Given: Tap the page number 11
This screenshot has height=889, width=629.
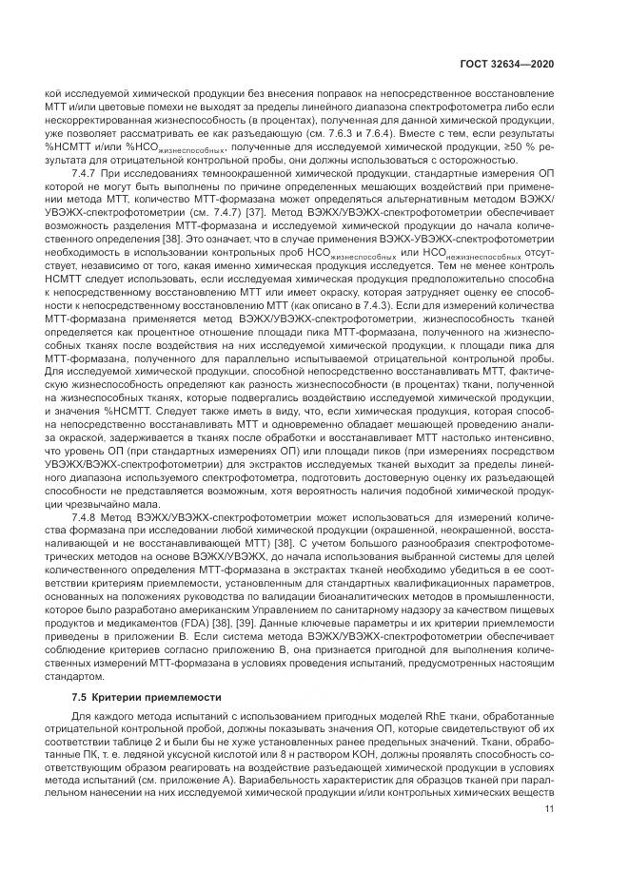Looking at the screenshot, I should pyautogui.click(x=548, y=809).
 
